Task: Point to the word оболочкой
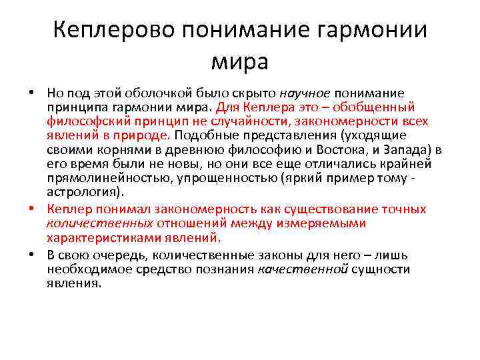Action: click(x=150, y=93)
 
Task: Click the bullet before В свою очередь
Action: click(x=31, y=255)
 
